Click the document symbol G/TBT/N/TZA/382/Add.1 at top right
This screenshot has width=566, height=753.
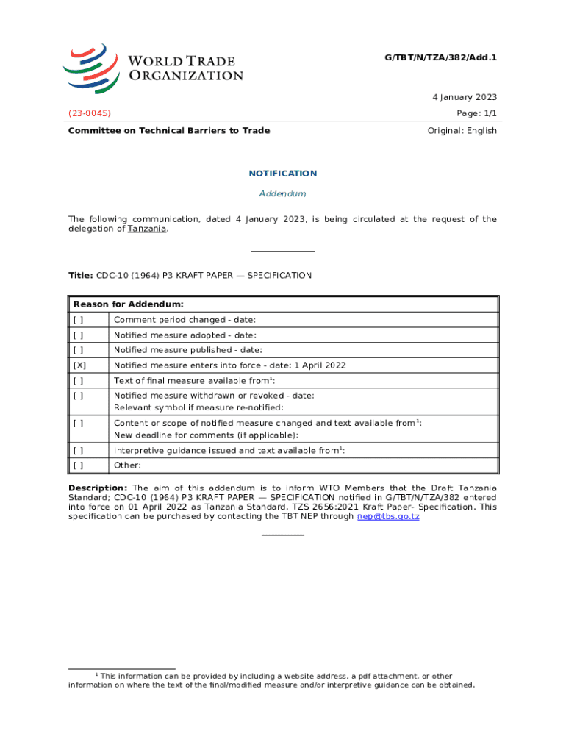tap(441, 57)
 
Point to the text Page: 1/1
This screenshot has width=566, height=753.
tap(476, 113)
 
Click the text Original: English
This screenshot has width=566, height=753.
tap(462, 131)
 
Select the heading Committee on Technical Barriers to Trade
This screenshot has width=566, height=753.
tap(169, 131)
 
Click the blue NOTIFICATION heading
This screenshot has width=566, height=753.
tap(283, 174)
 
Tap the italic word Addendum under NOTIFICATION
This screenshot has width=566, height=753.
tap(283, 193)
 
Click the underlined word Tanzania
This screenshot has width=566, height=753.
tap(147, 229)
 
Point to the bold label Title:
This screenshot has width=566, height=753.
tap(80, 276)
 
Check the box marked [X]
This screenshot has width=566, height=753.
tap(79, 365)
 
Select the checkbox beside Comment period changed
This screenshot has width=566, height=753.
tap(78, 320)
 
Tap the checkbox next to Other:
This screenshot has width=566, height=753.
tap(78, 465)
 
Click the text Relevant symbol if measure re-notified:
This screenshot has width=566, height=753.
tap(198, 407)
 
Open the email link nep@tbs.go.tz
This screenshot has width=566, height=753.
tap(388, 516)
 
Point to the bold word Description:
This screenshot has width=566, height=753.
tap(98, 488)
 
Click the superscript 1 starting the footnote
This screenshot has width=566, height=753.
tap(96, 674)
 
